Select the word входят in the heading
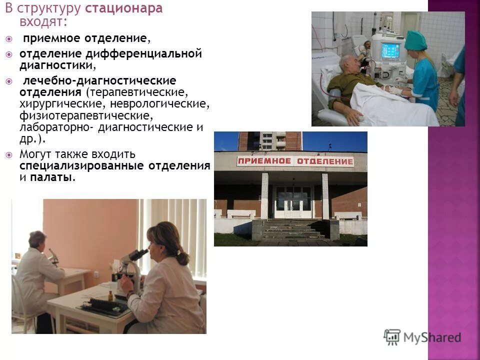pos(42,22)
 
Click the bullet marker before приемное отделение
pos(10,38)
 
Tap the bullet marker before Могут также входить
pos(10,154)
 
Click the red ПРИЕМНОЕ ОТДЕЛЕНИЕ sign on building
pos(295,161)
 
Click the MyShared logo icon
pos(392,336)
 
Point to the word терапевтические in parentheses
pos(136,93)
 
